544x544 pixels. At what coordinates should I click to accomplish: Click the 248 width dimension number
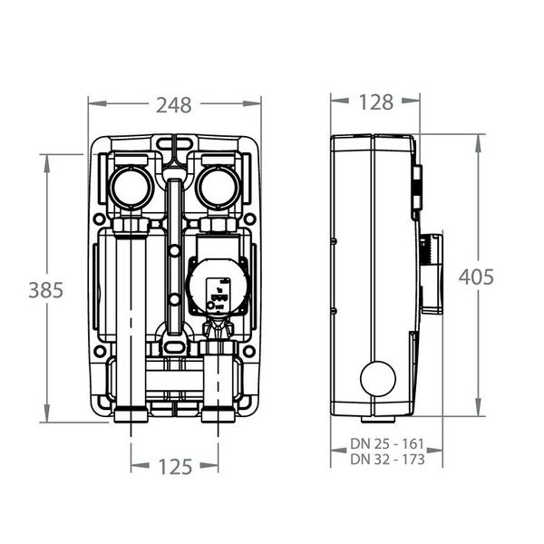pyautogui.click(x=173, y=105)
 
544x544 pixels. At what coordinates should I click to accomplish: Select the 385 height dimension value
pyautogui.click(x=46, y=290)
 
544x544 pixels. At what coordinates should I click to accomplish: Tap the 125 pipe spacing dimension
pyautogui.click(x=175, y=467)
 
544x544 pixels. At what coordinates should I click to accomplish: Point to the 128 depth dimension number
pyautogui.click(x=375, y=102)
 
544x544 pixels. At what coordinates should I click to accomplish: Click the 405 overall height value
pyautogui.click(x=476, y=277)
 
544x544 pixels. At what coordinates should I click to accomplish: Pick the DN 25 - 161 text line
pyautogui.click(x=387, y=443)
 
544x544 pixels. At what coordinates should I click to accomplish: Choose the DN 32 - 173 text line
pyautogui.click(x=387, y=460)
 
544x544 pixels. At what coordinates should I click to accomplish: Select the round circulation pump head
pyautogui.click(x=219, y=287)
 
